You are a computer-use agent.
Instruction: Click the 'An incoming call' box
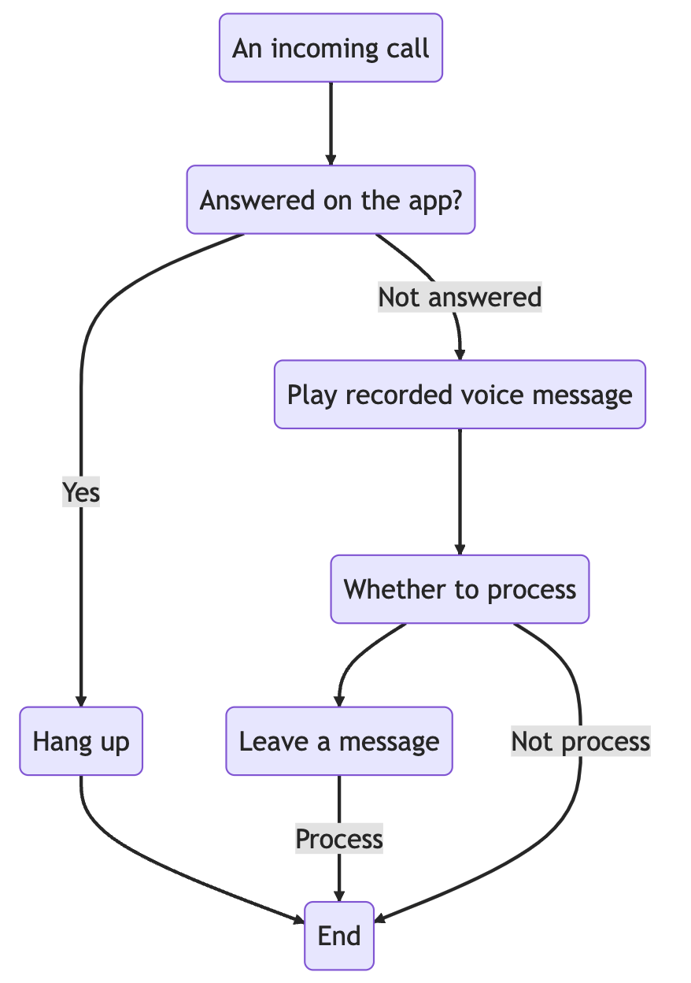click(331, 48)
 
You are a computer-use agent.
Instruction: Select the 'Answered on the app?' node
click(331, 200)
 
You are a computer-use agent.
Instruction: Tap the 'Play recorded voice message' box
click(460, 395)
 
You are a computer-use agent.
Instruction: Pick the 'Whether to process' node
click(460, 589)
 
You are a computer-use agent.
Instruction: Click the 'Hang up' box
click(81, 741)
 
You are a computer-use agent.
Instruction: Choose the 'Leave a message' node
click(339, 741)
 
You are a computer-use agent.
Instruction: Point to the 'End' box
click(339, 936)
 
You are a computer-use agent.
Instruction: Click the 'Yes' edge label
click(81, 492)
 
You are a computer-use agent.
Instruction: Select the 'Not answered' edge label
click(460, 297)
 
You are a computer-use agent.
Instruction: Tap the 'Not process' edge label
click(580, 741)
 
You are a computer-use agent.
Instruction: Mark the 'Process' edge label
click(339, 839)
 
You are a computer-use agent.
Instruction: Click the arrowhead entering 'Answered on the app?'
click(331, 160)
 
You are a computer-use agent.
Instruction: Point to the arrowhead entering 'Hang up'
click(81, 701)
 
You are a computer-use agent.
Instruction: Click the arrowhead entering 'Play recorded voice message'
click(460, 354)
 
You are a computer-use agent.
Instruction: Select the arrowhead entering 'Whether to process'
click(460, 549)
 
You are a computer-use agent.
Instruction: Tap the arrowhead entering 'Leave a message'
click(339, 701)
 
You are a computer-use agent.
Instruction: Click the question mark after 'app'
click(454, 200)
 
